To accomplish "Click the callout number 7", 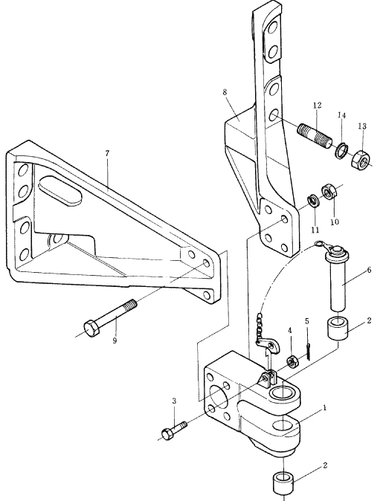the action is (107, 153).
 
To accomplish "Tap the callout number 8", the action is (225, 92).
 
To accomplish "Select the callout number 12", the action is (317, 105).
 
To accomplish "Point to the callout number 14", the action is (341, 115).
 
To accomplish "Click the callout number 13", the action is (362, 126).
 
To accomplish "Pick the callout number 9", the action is (115, 340).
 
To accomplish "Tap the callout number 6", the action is (369, 270).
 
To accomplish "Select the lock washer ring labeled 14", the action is (341, 150).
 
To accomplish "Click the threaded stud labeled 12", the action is (315, 136).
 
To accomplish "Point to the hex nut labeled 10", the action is (328, 192).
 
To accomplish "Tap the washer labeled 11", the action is (312, 201).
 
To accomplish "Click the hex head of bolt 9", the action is (91, 329).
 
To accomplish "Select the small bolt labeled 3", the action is (174, 430).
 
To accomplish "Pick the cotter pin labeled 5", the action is (308, 351).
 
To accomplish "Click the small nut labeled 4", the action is (292, 362).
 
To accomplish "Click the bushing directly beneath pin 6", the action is (338, 329).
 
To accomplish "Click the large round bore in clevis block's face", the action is (219, 398).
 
